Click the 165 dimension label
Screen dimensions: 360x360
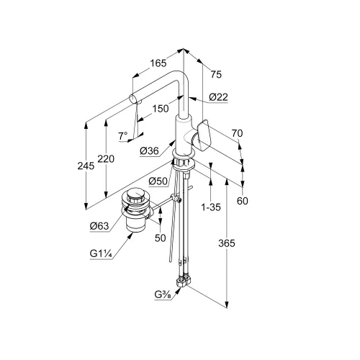point(158,63)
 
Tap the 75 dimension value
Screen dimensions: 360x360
point(216,74)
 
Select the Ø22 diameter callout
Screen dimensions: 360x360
point(218,97)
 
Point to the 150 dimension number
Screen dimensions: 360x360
point(161,109)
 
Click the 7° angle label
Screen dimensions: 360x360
point(123,136)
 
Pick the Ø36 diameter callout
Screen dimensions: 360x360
point(149,151)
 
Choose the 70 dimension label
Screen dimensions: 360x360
point(237,133)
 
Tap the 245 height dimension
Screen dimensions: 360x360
point(86,166)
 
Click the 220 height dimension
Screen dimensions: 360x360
point(106,159)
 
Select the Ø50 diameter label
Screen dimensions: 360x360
point(158,181)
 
